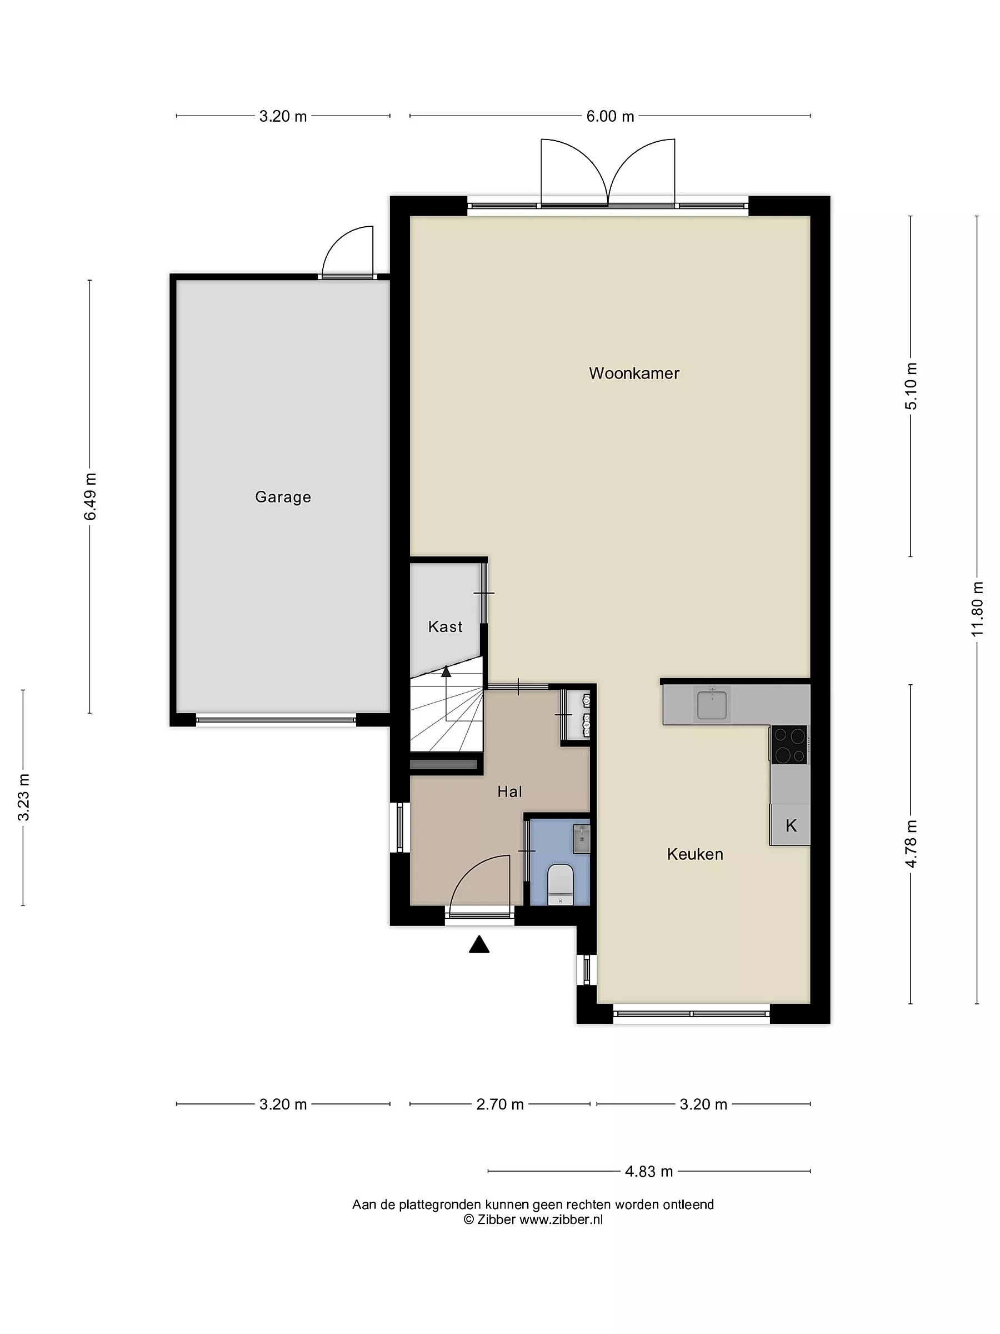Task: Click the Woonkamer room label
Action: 633,374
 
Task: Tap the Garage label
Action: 283,497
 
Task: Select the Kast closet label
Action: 445,626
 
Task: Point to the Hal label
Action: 509,792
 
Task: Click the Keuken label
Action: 695,854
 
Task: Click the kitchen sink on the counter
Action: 712,705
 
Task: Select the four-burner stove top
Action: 789,745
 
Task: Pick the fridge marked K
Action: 790,825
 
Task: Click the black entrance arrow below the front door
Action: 479,944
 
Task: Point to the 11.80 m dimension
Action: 977,609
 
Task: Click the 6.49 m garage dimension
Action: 90,496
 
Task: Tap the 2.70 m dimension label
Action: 499,1104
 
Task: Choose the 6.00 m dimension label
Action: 610,116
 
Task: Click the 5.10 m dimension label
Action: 910,386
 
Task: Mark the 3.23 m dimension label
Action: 23,797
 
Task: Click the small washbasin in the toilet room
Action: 581,839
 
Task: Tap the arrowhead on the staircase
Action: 446,671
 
